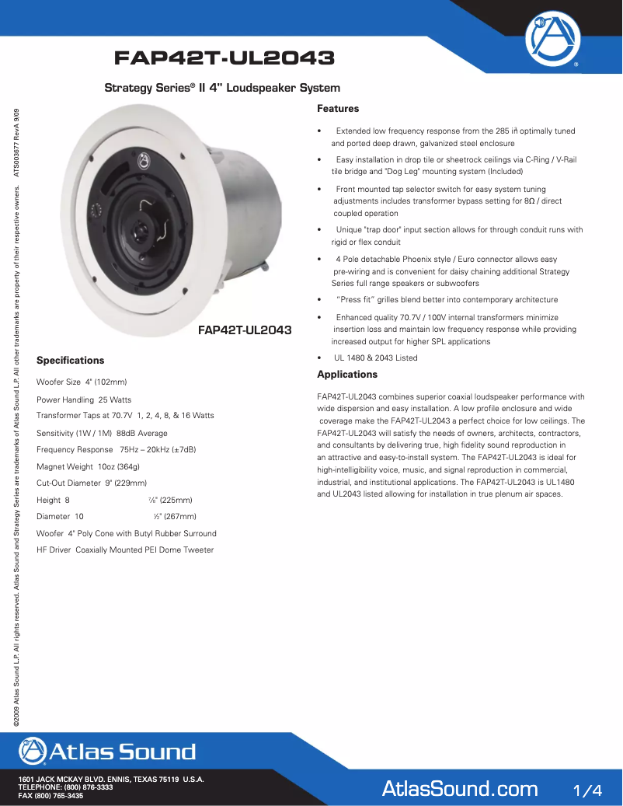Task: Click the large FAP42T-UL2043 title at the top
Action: [x=224, y=58]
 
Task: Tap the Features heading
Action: [x=338, y=109]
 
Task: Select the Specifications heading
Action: [x=70, y=361]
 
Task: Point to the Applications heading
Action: [x=347, y=375]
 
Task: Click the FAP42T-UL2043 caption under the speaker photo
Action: [x=245, y=330]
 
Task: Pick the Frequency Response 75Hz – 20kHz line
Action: [x=116, y=450]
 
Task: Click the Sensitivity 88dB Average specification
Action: [x=102, y=433]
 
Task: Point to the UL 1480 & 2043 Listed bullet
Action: [x=375, y=358]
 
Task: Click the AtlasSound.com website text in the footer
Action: [x=460, y=790]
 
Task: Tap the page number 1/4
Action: [x=586, y=790]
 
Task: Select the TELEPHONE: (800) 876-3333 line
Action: [x=66, y=787]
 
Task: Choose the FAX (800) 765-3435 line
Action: [x=50, y=796]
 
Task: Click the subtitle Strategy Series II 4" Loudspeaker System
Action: [x=222, y=89]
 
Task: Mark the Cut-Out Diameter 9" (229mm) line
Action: [x=92, y=483]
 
